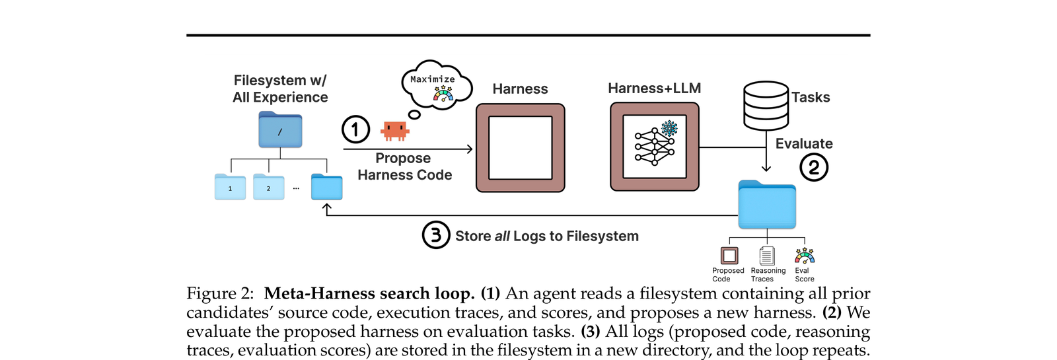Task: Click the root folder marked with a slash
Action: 280,129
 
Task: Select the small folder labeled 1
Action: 231,187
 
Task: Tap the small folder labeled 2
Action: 268,187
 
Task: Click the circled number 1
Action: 356,129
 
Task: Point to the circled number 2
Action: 814,167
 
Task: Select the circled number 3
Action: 435,235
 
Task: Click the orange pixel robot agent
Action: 395,131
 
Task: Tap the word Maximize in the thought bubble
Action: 432,79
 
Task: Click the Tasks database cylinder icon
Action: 766,106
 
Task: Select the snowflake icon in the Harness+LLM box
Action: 669,128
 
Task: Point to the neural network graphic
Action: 655,147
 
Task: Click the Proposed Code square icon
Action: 729,256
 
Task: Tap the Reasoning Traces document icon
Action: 767,256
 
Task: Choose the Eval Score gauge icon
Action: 805,255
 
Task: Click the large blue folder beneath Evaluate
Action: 767,204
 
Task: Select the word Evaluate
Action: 804,143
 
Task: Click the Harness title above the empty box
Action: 520,89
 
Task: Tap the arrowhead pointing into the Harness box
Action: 469,149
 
